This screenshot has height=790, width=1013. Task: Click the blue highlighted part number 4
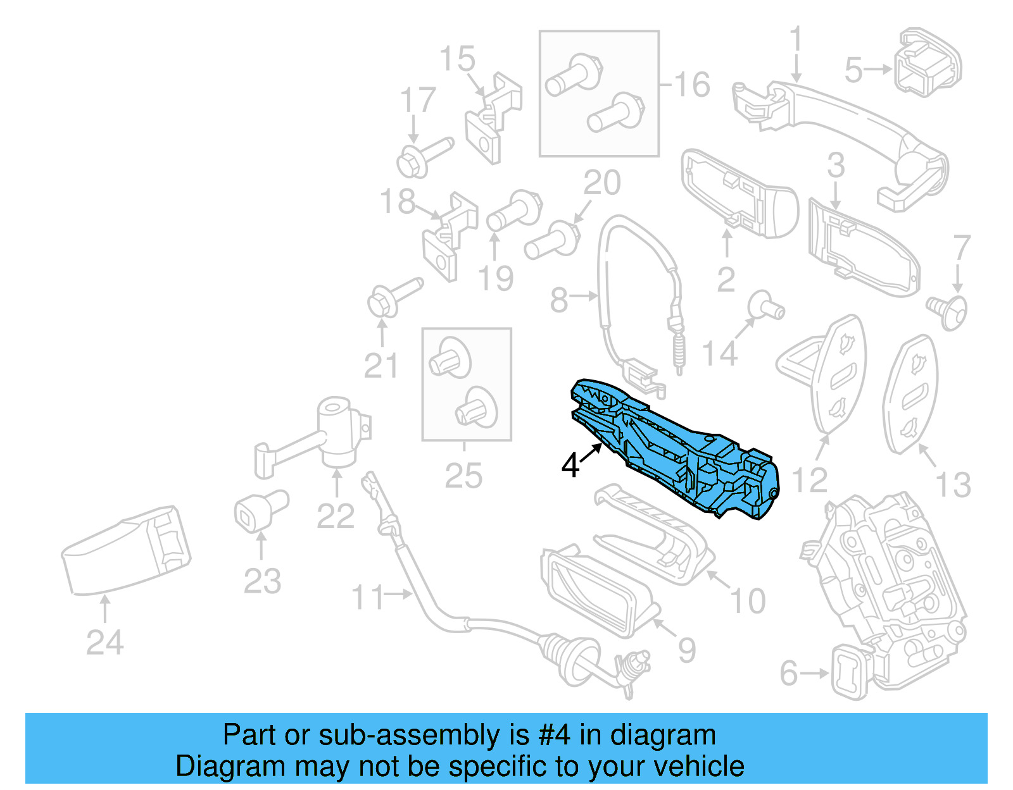[674, 449]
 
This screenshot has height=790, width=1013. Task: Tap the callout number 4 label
[570, 466]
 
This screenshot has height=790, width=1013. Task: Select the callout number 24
[104, 643]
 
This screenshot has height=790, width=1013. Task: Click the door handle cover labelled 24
[127, 550]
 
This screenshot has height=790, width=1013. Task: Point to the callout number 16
[692, 85]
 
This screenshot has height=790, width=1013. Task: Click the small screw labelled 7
[948, 311]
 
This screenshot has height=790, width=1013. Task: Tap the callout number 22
[335, 517]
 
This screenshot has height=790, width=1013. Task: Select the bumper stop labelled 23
[260, 510]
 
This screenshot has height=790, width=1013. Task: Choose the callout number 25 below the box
[463, 476]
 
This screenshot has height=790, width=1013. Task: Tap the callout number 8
[558, 300]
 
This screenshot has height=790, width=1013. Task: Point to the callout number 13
[953, 485]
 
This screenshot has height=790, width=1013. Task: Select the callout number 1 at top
[795, 39]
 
